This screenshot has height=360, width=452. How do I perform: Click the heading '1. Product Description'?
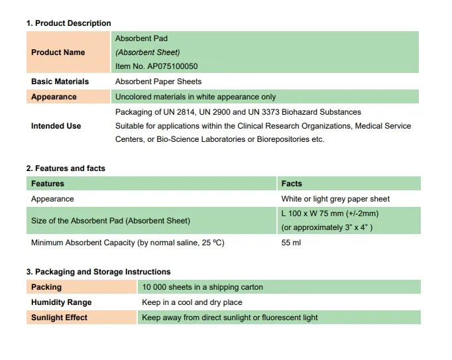(68, 23)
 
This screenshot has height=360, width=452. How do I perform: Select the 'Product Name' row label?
(58, 52)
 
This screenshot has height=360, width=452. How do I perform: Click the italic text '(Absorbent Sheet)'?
(147, 52)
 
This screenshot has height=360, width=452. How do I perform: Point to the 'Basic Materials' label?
(60, 82)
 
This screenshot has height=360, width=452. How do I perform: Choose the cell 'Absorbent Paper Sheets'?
(158, 82)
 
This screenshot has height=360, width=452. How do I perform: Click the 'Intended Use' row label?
(56, 126)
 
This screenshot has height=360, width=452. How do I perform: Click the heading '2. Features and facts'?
(66, 168)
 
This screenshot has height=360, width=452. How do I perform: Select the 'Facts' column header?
(291, 184)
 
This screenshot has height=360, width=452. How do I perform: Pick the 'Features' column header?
(48, 184)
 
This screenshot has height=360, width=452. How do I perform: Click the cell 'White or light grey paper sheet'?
(335, 199)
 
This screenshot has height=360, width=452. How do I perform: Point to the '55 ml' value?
(291, 243)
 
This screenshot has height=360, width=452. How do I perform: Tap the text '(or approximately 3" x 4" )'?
(327, 227)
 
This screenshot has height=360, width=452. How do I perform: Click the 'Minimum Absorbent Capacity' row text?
(127, 243)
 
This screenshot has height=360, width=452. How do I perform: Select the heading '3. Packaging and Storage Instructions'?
(98, 272)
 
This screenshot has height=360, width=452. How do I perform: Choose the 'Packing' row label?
(46, 287)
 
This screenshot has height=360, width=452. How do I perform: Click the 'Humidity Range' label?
(61, 302)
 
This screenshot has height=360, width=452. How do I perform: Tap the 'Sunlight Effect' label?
(59, 318)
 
